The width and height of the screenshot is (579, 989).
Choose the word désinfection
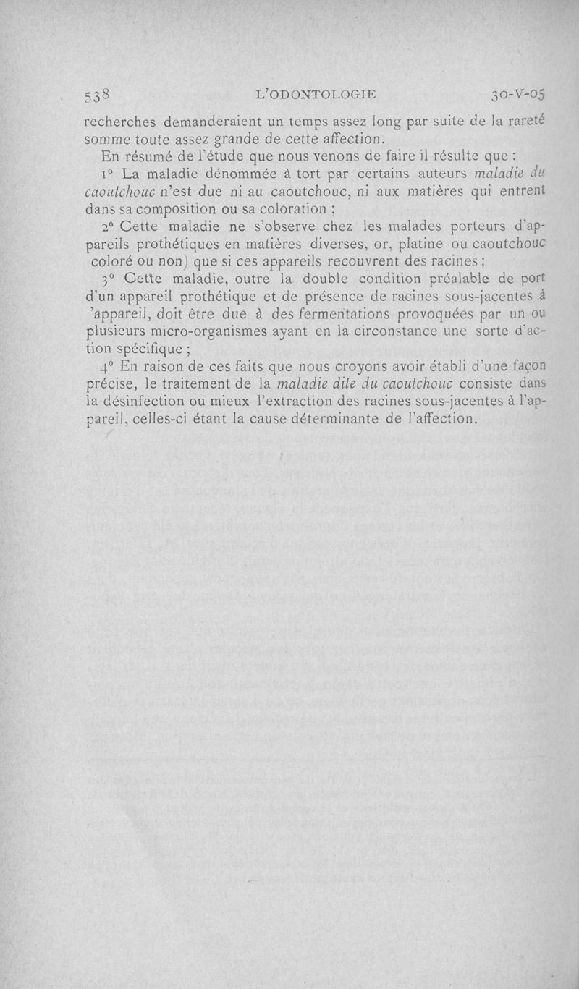tap(145, 401)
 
